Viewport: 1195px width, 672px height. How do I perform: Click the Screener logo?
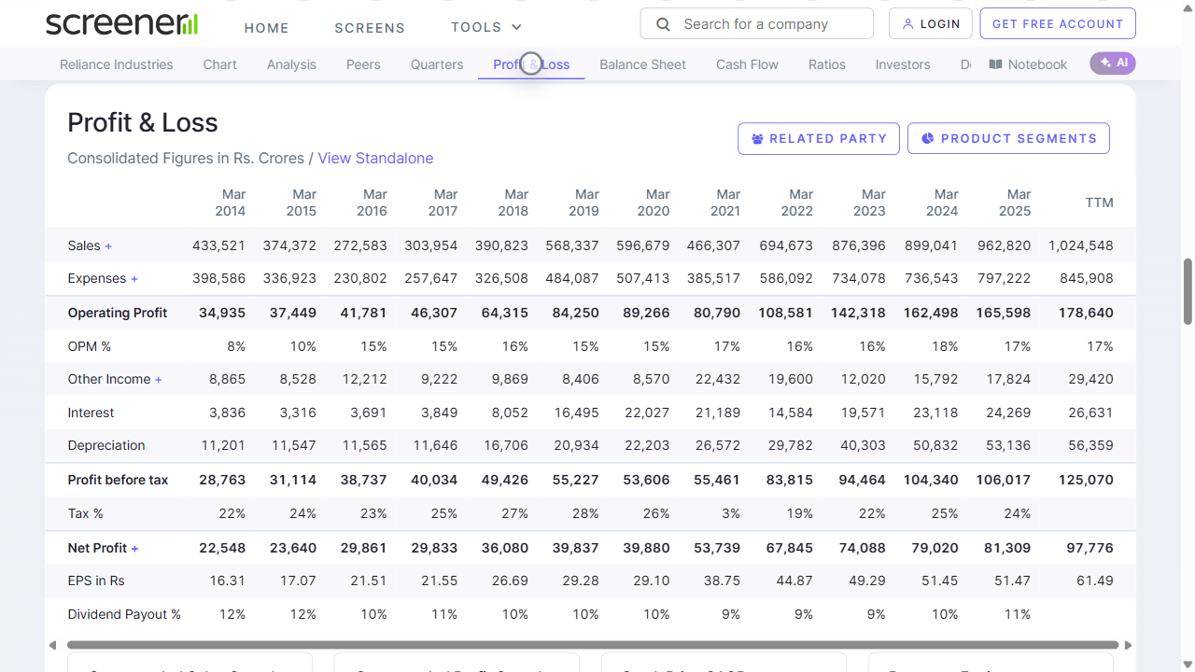click(122, 24)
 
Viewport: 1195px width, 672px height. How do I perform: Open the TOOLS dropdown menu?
click(486, 27)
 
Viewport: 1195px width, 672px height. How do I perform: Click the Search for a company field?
click(756, 24)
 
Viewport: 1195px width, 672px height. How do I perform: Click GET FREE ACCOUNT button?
click(1057, 24)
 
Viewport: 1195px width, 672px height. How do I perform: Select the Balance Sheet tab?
click(642, 64)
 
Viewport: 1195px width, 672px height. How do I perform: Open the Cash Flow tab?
click(747, 64)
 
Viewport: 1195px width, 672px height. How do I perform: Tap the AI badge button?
click(1113, 63)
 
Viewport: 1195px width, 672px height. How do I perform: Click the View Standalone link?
click(375, 159)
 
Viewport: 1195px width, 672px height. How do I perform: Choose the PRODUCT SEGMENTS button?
click(1008, 138)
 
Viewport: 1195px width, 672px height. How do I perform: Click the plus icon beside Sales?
click(108, 246)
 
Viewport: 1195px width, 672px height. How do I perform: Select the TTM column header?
click(1099, 203)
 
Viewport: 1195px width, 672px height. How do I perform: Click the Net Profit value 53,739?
click(717, 548)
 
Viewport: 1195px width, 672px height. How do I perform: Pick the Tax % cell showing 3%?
click(730, 513)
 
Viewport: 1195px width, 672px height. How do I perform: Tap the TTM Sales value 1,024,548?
click(1080, 245)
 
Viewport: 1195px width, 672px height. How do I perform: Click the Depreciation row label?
click(106, 445)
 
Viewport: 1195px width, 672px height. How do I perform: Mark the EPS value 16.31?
click(227, 581)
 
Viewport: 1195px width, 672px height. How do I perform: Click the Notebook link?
click(1028, 64)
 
